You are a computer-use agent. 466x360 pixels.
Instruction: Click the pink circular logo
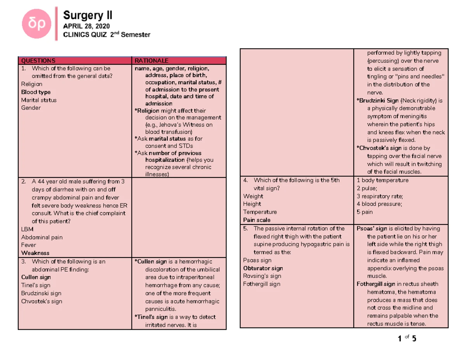click(37, 24)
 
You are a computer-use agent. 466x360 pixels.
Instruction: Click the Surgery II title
click(88, 15)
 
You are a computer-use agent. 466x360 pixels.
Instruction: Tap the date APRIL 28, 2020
click(86, 26)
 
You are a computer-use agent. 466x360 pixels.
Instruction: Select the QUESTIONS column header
click(38, 61)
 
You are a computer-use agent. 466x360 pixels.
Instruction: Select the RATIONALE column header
click(151, 61)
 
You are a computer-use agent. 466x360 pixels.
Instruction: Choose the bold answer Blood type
click(36, 92)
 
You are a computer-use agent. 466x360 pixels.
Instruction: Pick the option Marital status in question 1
click(39, 100)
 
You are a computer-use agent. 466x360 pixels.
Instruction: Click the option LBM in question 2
click(27, 229)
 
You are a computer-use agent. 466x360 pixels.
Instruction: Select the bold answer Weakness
click(35, 253)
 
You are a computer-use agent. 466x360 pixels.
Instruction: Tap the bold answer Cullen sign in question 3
click(36, 277)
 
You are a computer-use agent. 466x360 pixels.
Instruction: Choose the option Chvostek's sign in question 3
click(42, 301)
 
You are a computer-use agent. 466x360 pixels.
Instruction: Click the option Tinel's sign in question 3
click(36, 285)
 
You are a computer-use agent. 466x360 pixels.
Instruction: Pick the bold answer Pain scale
click(257, 220)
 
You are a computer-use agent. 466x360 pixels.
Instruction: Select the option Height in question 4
click(252, 204)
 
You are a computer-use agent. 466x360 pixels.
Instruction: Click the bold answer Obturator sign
click(263, 268)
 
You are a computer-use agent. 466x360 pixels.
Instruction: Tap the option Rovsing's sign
click(262, 276)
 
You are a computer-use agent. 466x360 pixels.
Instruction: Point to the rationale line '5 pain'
click(365, 212)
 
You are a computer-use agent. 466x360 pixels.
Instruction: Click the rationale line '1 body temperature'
click(383, 180)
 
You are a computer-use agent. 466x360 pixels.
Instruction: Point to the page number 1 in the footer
click(400, 339)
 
